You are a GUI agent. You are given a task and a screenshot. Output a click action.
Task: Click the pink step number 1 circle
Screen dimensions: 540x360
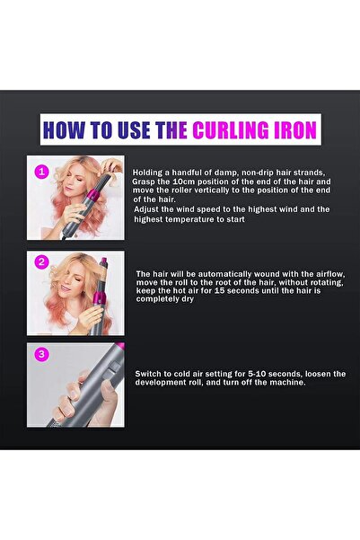coord(40,171)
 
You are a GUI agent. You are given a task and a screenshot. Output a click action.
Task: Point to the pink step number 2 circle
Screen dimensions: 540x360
coord(40,262)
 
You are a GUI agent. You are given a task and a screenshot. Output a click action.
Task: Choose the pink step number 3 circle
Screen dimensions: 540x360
coord(40,353)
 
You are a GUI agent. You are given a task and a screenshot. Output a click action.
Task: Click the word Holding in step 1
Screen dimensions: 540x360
coord(149,172)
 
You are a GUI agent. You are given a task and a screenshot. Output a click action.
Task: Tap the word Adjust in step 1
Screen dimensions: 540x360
coord(148,208)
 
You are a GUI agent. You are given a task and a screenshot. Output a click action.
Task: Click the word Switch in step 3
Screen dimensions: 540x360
coord(151,372)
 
